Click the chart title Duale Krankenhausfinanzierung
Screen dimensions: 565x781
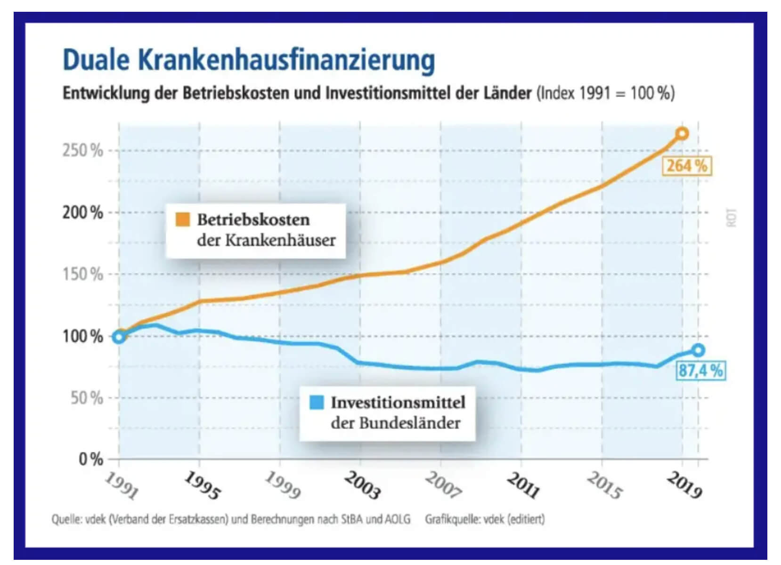pos(249,60)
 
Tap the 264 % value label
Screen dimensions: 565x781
pos(686,166)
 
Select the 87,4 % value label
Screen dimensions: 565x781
pos(700,371)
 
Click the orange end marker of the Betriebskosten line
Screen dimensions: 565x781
pos(682,134)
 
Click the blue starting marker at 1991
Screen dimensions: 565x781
pos(119,337)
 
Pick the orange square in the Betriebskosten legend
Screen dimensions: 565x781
pos(183,219)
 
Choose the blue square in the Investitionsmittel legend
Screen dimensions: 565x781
pos(317,403)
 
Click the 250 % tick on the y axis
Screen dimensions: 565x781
pos(83,151)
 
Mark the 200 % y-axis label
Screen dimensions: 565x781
pos(83,213)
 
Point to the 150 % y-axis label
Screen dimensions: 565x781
pos(83,274)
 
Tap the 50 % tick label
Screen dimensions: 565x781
pos(87,398)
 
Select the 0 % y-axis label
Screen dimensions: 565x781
pos(91,459)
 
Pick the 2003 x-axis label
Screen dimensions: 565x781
pos(362,485)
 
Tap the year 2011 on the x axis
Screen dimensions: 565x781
pos(523,485)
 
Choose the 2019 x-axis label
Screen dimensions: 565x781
pos(684,485)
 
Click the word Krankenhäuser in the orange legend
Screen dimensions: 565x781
pos(280,240)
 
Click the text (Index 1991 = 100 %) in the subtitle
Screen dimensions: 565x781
pos(605,93)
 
